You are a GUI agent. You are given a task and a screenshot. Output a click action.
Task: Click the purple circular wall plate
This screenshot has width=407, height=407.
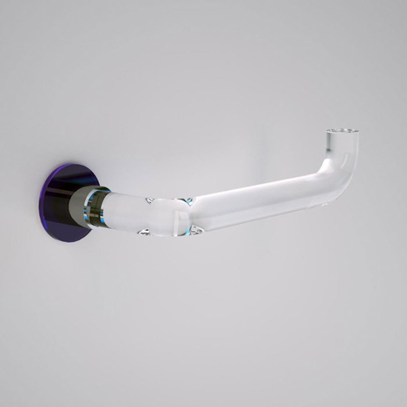pyautogui.click(x=64, y=201)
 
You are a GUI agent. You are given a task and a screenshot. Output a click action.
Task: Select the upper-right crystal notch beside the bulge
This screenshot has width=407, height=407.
pyautogui.click(x=188, y=201)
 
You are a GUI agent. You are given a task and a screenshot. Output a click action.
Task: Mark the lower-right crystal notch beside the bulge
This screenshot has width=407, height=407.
pyautogui.click(x=195, y=229)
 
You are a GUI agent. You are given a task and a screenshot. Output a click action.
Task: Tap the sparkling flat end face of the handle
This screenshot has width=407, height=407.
pyautogui.click(x=341, y=132)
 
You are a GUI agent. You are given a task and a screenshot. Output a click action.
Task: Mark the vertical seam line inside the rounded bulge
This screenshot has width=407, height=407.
pyautogui.click(x=174, y=217)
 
